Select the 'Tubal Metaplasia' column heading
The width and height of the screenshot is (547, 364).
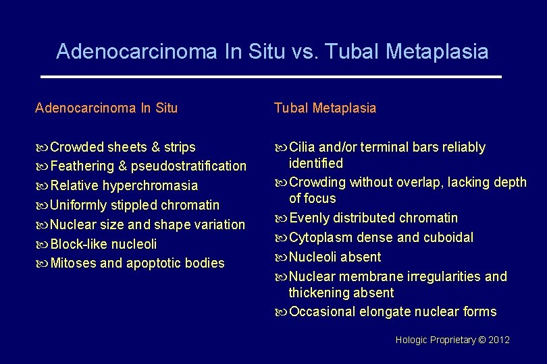pyautogui.click(x=325, y=108)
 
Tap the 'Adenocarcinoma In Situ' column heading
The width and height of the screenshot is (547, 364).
pyautogui.click(x=106, y=108)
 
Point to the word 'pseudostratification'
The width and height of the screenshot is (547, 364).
pyautogui.click(x=188, y=166)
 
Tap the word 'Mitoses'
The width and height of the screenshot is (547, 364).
pyautogui.click(x=74, y=263)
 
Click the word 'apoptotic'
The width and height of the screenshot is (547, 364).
pyautogui.click(x=152, y=263)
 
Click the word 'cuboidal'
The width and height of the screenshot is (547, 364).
pyautogui.click(x=448, y=237)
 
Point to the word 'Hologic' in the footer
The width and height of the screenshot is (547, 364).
pyautogui.click(x=411, y=340)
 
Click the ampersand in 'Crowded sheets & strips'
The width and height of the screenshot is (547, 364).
pyautogui.click(x=155, y=147)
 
